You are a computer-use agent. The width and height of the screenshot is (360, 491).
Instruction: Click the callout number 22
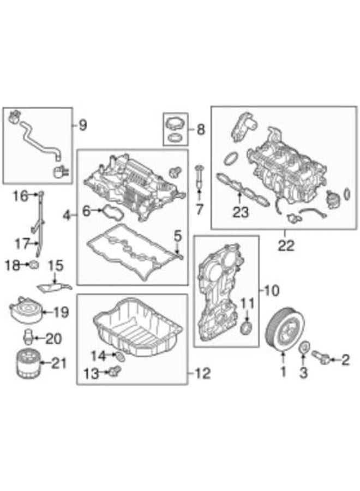(285, 247)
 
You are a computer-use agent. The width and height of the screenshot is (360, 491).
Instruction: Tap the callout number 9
(82, 126)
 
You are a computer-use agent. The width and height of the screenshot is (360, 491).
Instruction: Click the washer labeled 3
(305, 347)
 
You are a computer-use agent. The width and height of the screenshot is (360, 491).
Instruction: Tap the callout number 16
(20, 195)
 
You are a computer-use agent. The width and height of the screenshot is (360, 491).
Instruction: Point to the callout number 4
(67, 216)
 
